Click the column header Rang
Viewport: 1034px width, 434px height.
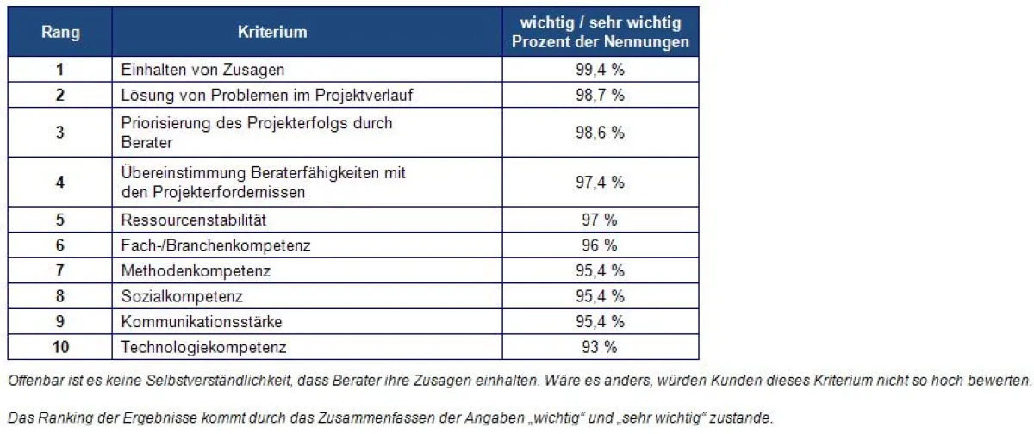click(60, 33)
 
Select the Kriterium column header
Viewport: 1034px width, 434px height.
click(272, 33)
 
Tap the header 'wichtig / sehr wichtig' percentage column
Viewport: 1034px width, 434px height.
click(600, 33)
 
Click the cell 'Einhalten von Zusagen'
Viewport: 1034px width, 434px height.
click(202, 70)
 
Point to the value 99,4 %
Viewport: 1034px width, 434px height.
click(600, 70)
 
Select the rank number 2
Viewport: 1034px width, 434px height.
click(60, 95)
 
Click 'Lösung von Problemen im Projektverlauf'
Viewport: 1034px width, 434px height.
click(267, 95)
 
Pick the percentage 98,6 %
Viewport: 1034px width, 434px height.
click(600, 133)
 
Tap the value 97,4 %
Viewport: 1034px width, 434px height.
click(600, 183)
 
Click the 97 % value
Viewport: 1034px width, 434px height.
click(600, 220)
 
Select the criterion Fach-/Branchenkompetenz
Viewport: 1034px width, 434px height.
click(215, 245)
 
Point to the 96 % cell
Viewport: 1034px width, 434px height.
click(600, 245)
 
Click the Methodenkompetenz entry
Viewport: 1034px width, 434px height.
click(196, 271)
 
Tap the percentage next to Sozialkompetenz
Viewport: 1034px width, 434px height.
click(600, 296)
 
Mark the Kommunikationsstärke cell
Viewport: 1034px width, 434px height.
click(202, 322)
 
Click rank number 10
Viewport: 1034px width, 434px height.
click(60, 347)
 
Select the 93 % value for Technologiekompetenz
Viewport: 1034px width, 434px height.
click(600, 347)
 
